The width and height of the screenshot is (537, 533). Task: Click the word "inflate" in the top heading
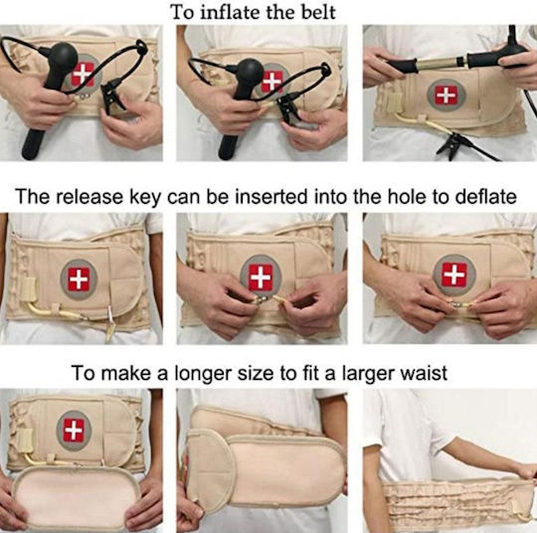click(x=229, y=12)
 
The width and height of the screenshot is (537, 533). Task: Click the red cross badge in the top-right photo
click(x=447, y=94)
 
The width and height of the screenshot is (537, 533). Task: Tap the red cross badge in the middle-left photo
click(x=79, y=279)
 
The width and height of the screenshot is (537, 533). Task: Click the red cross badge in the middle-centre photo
click(x=261, y=276)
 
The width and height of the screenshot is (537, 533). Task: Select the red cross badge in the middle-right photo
click(x=454, y=274)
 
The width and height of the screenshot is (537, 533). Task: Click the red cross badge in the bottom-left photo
click(x=74, y=431)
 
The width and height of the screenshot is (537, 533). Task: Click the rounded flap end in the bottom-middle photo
click(x=210, y=468)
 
